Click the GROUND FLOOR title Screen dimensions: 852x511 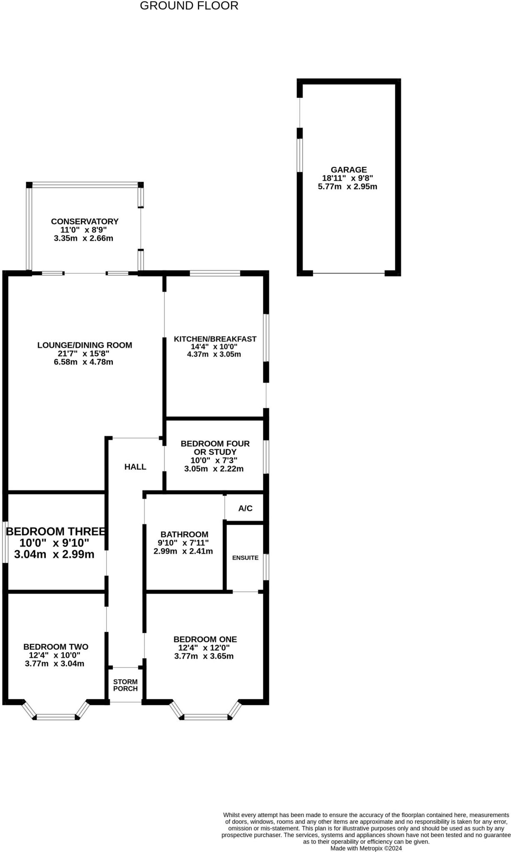(189, 6)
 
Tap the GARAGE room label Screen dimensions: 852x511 (349, 170)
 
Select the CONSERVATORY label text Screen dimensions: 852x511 (85, 221)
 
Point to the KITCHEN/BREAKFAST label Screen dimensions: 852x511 (215, 339)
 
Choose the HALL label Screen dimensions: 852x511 (135, 467)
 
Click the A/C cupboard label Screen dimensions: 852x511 (245, 508)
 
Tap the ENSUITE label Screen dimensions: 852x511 (245, 558)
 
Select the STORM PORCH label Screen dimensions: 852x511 (125, 685)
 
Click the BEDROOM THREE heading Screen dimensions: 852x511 (56, 531)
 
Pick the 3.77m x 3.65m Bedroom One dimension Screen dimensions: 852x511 (204, 656)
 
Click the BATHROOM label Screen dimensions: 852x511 (184, 534)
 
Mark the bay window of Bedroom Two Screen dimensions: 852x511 (56, 717)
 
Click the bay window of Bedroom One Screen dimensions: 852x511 (206, 717)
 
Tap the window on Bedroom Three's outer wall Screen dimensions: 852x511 (5, 542)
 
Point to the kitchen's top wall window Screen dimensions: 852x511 (215, 273)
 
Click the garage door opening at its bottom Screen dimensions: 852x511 (349, 273)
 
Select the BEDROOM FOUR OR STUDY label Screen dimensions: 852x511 (215, 448)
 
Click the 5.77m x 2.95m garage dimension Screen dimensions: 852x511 (348, 187)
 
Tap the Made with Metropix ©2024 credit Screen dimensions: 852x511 (366, 848)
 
